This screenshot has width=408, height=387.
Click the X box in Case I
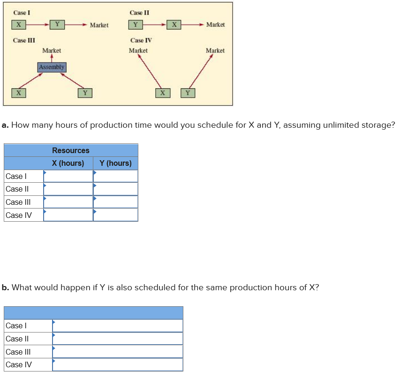[18, 24]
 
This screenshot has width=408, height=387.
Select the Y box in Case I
[57, 24]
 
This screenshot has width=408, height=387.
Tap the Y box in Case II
[136, 24]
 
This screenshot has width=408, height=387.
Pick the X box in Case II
[174, 24]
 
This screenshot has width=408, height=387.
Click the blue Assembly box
[52, 67]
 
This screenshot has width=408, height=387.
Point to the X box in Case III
[18, 93]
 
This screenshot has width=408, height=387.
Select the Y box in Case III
[85, 93]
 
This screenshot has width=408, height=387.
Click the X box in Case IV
[162, 93]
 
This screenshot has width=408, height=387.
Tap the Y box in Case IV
[188, 93]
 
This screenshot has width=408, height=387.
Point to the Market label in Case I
[99, 24]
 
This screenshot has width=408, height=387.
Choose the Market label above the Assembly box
[52, 50]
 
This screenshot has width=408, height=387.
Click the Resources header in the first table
[71, 150]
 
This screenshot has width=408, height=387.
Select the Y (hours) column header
[116, 163]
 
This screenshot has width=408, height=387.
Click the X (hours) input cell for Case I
[68, 176]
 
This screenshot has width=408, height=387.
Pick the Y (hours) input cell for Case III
[116, 202]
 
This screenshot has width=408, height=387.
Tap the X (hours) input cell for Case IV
[68, 215]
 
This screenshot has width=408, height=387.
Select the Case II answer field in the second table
[117, 339]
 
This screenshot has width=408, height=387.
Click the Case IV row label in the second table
[19, 364]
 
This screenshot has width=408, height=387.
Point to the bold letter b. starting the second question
[5, 287]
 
